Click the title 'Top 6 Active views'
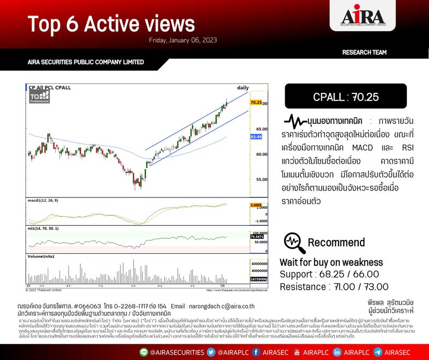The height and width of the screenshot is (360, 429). tap(111, 24)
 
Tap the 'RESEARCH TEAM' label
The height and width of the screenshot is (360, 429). tap(364, 53)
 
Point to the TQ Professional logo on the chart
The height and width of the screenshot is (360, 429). tap(40, 97)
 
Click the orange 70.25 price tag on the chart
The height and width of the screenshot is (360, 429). tap(256, 102)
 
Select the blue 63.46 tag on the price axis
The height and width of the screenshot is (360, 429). tap(256, 137)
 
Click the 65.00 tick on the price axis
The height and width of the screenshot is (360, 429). tap(261, 129)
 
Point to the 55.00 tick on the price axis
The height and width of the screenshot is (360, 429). tap(261, 179)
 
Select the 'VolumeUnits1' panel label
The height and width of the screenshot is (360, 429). tap(41, 256)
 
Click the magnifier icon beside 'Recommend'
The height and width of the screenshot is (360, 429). tap(293, 241)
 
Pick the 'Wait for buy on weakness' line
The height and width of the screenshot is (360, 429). tap(331, 262)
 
